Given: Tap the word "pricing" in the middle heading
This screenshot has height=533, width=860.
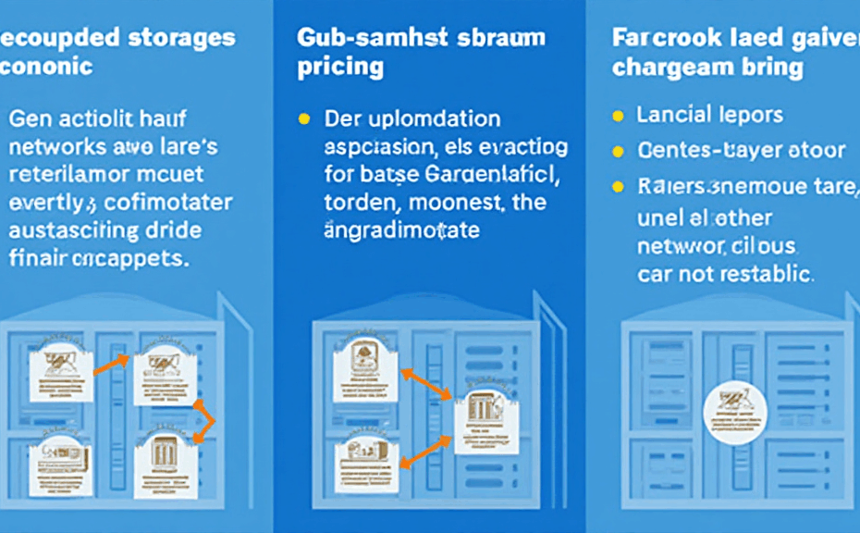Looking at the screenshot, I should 339,68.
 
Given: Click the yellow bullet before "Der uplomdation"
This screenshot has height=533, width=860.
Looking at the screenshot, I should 302,119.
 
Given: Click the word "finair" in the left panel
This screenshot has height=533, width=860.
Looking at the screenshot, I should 37,258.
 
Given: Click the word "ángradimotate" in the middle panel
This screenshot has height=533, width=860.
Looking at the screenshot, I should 401,230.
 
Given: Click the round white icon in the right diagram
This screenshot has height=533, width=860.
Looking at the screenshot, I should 732,414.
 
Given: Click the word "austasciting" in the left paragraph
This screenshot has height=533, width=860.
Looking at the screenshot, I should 67,230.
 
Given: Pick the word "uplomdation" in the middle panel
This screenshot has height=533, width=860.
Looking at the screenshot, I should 430,119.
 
